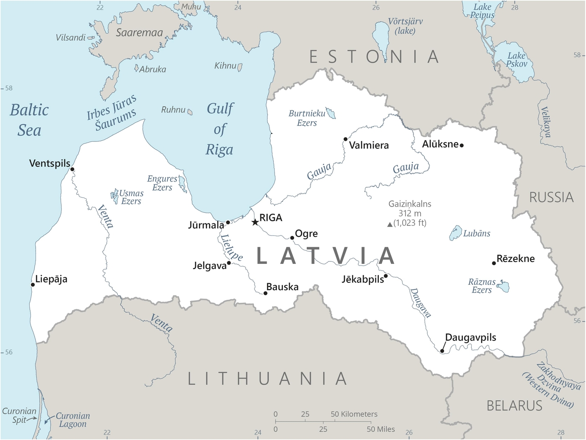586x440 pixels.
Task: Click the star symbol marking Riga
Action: point(255,222)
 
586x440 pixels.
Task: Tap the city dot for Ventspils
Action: point(72,169)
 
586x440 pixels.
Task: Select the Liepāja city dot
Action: point(33,285)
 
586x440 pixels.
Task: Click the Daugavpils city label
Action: point(470,338)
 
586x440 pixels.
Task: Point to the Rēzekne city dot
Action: point(494,263)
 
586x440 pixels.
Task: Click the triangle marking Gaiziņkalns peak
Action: point(390,225)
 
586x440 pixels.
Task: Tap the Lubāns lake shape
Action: point(455,233)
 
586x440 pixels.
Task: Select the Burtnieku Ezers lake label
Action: point(307,118)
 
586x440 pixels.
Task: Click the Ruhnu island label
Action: point(173,110)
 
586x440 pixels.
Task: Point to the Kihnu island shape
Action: point(240,67)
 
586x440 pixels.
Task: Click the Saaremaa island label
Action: point(139,33)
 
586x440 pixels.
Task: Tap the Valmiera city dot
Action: point(345,139)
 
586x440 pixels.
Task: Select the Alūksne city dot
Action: point(462,145)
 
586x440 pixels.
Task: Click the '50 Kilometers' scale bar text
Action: point(354,414)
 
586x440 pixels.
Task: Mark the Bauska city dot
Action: point(265,293)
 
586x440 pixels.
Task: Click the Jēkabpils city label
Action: point(362,279)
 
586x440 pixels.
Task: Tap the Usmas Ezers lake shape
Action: point(115,196)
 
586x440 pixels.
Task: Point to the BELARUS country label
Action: point(514,406)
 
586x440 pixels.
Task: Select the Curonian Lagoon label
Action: point(73,420)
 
